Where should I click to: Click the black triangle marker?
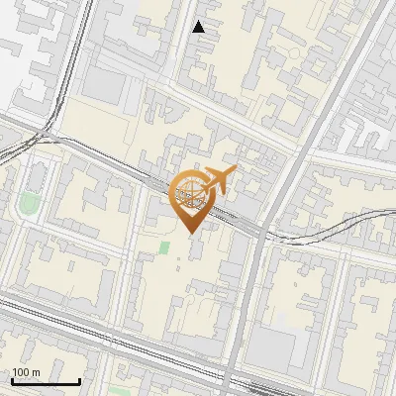199,28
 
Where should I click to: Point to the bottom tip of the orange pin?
191,234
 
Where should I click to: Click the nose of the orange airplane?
235,171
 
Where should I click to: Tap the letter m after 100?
37,372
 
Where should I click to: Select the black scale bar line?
46,381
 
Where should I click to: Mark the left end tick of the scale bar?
12,380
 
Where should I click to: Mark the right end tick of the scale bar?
79,380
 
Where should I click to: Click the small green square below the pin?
163,246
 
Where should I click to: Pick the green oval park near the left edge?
28,205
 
